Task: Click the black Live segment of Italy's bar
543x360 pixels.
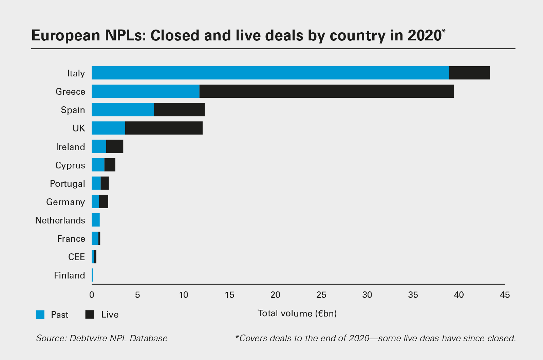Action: coord(469,73)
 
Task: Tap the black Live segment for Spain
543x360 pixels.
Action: coord(179,110)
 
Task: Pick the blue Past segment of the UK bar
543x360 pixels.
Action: coord(108,128)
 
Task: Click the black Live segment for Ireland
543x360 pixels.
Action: coord(115,147)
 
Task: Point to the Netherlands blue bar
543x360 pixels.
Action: coord(96,220)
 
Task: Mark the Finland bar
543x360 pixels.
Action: coord(92,275)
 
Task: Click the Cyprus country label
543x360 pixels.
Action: coord(70,165)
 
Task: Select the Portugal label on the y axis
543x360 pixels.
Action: coord(68,184)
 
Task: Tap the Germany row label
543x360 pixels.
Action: coord(65,202)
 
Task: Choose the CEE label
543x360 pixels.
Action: coord(76,257)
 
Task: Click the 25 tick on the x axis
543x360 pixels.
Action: coord(321,295)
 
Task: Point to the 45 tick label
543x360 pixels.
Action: coord(505,295)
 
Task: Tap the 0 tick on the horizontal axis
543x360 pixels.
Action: coord(92,295)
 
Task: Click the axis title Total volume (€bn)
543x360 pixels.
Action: coord(297,313)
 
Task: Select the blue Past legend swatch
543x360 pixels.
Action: coord(40,314)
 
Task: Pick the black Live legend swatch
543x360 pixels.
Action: coord(90,314)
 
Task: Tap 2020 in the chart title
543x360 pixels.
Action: coord(424,36)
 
